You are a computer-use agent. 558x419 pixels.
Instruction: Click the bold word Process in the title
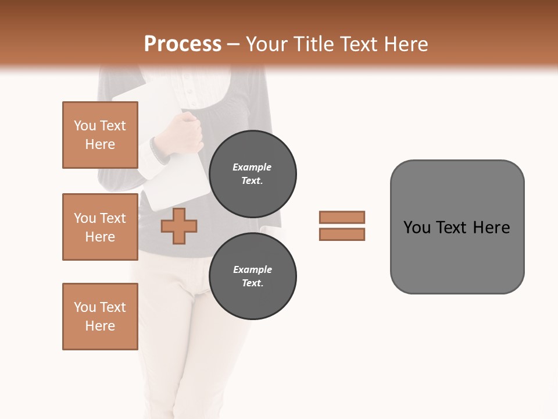tap(183, 44)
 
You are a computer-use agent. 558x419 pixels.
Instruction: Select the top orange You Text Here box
tap(100, 135)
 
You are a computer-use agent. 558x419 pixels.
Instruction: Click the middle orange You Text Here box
tap(100, 227)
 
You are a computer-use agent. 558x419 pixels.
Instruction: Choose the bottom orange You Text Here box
tap(100, 317)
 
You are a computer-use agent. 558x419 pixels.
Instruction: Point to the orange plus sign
tap(178, 226)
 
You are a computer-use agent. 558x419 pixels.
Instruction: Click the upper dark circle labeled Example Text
tap(252, 173)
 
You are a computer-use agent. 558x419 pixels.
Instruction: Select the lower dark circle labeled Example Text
tap(252, 276)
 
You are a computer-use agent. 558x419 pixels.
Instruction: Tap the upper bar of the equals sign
tap(342, 217)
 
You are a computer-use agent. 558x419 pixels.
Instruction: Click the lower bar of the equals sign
tap(342, 234)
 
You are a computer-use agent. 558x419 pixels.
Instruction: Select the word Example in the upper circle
tap(252, 167)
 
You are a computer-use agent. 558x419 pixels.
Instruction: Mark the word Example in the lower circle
tap(252, 269)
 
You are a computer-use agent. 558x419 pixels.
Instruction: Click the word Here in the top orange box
tap(100, 144)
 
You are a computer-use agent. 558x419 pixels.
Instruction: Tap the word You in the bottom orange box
tap(84, 307)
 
